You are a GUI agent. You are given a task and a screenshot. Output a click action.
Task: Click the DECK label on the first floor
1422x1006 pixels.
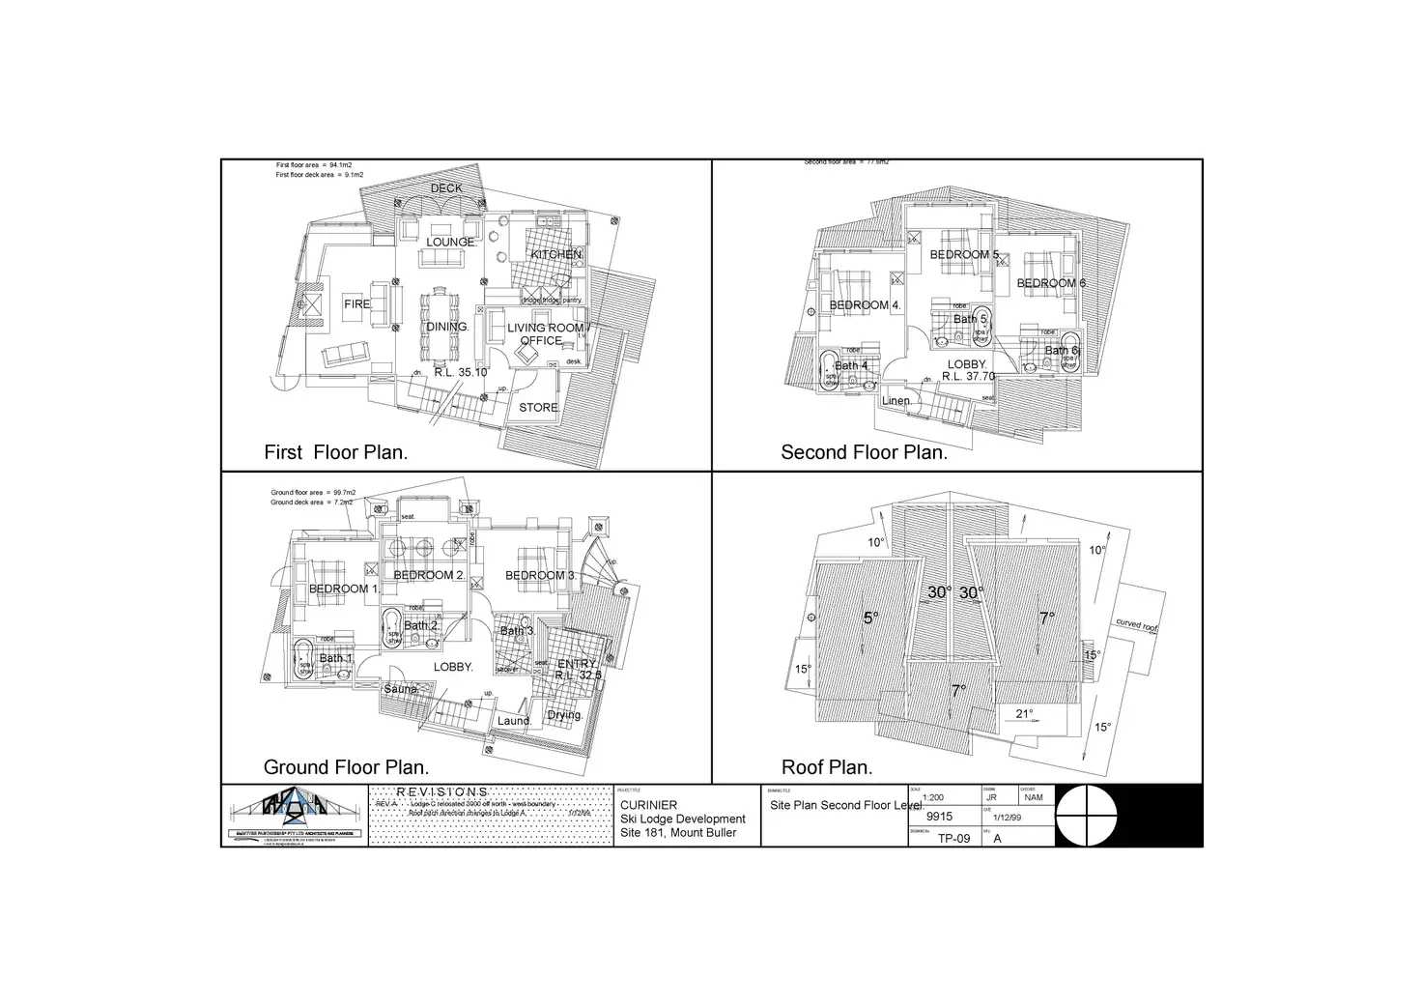446,188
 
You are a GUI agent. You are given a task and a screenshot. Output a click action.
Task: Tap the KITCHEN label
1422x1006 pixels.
556,254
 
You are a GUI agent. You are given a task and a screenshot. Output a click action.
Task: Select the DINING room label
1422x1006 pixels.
447,328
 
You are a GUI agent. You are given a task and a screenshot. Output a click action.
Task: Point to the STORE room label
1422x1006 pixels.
539,408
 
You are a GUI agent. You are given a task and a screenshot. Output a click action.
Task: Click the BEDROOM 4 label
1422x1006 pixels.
866,305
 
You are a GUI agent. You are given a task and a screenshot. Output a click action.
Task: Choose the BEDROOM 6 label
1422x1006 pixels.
1051,283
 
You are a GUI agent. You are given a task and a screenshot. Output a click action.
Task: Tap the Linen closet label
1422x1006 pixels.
896,401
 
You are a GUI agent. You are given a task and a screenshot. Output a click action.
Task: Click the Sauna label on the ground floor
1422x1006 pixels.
401,689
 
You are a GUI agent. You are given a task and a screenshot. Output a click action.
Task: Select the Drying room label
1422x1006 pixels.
564,716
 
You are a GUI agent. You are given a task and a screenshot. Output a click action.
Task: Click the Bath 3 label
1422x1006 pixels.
516,632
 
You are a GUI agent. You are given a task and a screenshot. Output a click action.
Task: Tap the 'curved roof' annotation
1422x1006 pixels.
1136,626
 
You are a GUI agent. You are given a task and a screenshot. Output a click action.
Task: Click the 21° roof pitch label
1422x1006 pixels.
1025,714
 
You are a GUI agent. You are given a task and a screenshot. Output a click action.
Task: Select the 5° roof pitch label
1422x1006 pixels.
870,618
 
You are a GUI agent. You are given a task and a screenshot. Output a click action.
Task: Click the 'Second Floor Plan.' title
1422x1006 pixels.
864,452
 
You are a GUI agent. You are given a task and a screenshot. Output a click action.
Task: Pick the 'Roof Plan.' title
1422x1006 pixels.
827,767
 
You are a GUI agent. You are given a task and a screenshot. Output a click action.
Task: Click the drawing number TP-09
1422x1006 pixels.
953,839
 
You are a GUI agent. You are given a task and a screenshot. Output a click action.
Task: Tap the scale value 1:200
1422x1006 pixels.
933,798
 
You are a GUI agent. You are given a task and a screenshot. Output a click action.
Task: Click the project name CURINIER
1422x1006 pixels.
648,805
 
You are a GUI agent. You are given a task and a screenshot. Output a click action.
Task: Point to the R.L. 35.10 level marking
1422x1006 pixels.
461,371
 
